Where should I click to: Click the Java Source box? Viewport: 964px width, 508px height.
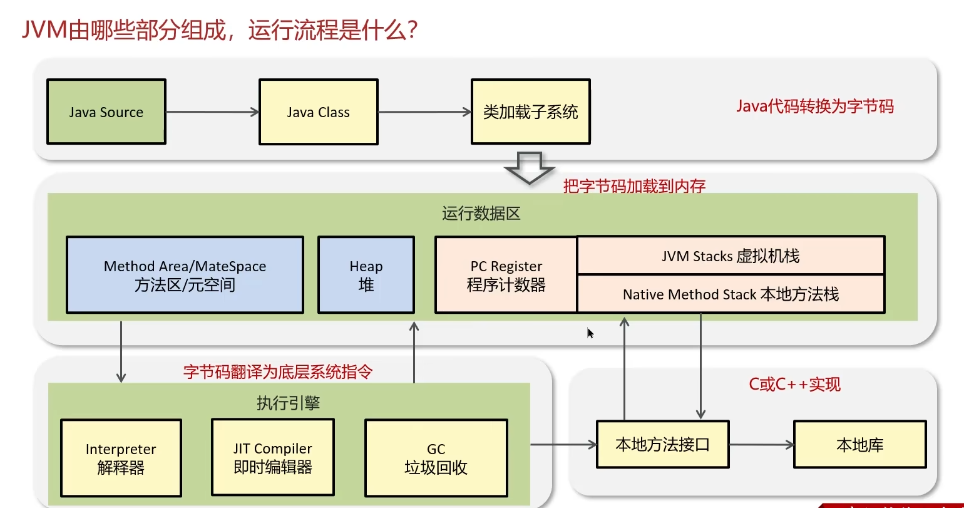click(x=106, y=111)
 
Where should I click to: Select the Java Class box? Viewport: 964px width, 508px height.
click(x=319, y=111)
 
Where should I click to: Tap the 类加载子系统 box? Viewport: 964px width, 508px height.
click(x=531, y=111)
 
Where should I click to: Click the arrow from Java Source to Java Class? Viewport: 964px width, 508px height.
click(x=213, y=112)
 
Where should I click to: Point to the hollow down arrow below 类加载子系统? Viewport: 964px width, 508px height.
click(x=530, y=168)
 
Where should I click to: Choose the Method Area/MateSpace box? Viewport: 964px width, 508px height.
click(x=185, y=274)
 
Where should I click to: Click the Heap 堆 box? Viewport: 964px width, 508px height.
click(x=366, y=274)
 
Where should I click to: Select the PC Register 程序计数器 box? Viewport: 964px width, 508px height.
click(x=506, y=274)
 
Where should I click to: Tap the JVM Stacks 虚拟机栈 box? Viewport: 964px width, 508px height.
click(x=731, y=256)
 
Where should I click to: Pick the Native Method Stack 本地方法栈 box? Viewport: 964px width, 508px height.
click(x=731, y=294)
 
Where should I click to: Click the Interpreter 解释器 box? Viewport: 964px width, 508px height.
click(x=121, y=458)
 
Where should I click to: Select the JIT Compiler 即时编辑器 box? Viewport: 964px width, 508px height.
click(x=273, y=457)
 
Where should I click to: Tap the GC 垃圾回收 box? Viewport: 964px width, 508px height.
click(x=436, y=458)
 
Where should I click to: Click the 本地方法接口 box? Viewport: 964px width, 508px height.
click(x=663, y=444)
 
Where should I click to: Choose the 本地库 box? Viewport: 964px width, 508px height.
click(x=860, y=444)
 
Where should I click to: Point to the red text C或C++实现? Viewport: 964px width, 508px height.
click(x=794, y=384)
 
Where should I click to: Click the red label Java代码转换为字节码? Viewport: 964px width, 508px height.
click(x=814, y=106)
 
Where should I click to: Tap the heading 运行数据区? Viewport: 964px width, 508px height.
click(x=481, y=213)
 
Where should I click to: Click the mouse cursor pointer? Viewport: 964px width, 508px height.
click(x=590, y=333)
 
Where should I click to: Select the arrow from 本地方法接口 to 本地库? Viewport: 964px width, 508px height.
click(x=762, y=445)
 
